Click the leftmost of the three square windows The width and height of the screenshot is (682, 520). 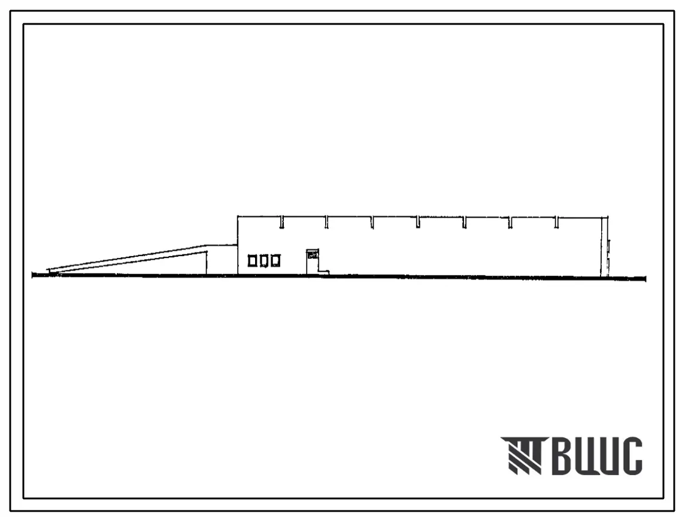point(252,260)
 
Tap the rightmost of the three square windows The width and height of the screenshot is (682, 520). point(275,260)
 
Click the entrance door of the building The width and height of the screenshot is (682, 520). point(313,261)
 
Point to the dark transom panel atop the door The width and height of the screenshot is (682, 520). point(313,256)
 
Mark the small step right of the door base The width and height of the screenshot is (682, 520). point(324,273)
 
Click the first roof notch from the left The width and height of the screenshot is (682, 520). point(282,222)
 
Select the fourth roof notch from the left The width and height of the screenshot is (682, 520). point(418,222)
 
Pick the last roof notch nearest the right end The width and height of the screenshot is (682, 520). point(556,222)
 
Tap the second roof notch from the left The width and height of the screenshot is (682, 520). point(327,222)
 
